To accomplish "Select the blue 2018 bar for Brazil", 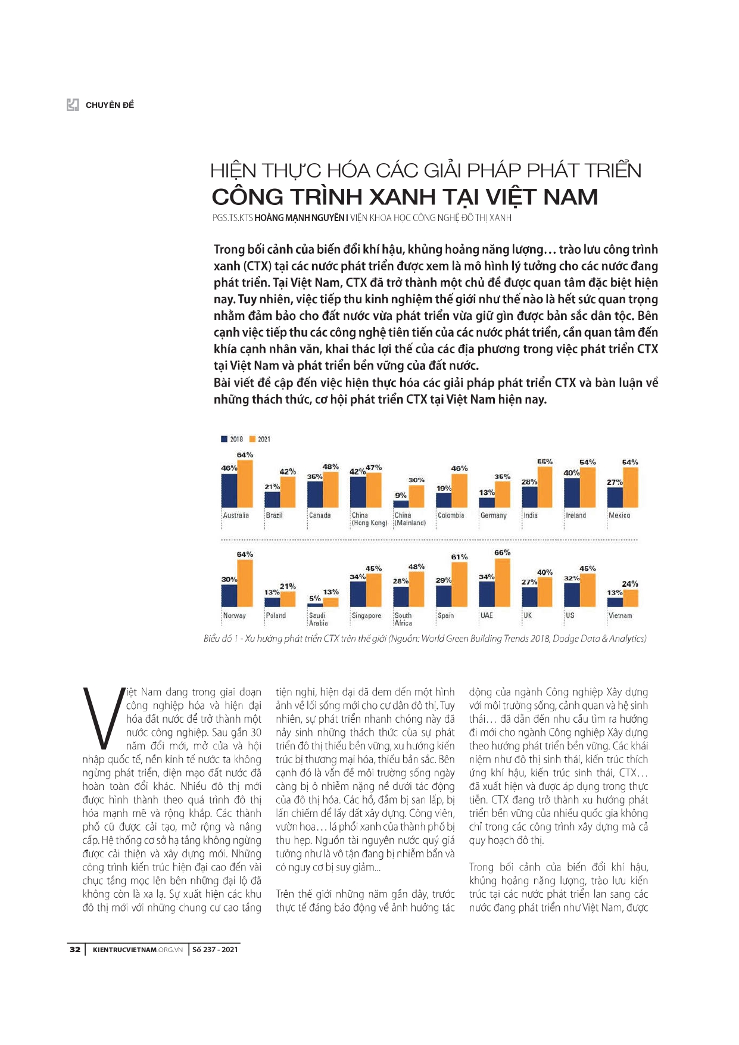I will point(272,499).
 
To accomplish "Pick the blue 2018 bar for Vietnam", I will point(615,601).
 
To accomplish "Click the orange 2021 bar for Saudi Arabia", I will point(330,602).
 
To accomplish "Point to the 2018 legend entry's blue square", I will point(224,439).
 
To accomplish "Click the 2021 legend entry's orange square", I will point(252,439).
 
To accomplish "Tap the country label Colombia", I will point(450,515).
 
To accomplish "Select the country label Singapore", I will point(366,615).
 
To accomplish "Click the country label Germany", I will point(493,515).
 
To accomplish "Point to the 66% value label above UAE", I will point(503,552).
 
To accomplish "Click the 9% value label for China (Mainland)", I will point(401,495).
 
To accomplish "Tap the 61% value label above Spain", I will point(459,557).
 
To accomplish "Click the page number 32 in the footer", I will point(74,949).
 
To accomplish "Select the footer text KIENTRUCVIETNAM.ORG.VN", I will point(138,949).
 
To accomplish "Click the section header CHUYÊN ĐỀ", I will point(110,105).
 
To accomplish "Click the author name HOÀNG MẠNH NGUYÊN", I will point(300,218).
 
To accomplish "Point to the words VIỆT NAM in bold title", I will point(541,197).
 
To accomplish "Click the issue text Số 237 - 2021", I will point(215,949).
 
